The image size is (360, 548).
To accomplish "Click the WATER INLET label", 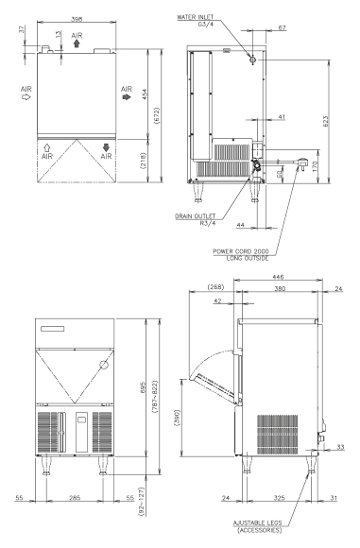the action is tap(195, 17).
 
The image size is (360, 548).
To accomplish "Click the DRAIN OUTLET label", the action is tap(195, 216).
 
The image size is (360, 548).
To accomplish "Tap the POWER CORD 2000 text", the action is tap(241, 251).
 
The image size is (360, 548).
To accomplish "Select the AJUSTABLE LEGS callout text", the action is tap(257, 522).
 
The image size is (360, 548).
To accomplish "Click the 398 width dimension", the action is tap(77, 19).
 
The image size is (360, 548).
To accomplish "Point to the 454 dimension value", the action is tap(145, 94).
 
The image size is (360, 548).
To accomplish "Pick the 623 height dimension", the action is tap(325, 121).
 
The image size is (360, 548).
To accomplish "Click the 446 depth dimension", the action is tap(278, 277).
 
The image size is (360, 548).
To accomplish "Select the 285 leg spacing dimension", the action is tap(75, 497).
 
